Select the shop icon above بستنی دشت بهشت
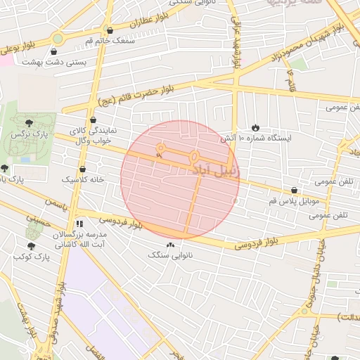[x=54, y=51]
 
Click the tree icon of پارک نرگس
[x=28, y=122]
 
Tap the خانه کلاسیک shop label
[x=83, y=180]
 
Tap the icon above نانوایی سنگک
[x=170, y=245]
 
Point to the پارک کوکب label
[x=30, y=257]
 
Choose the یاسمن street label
[x=58, y=202]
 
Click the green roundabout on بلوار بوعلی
[x=57, y=38]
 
